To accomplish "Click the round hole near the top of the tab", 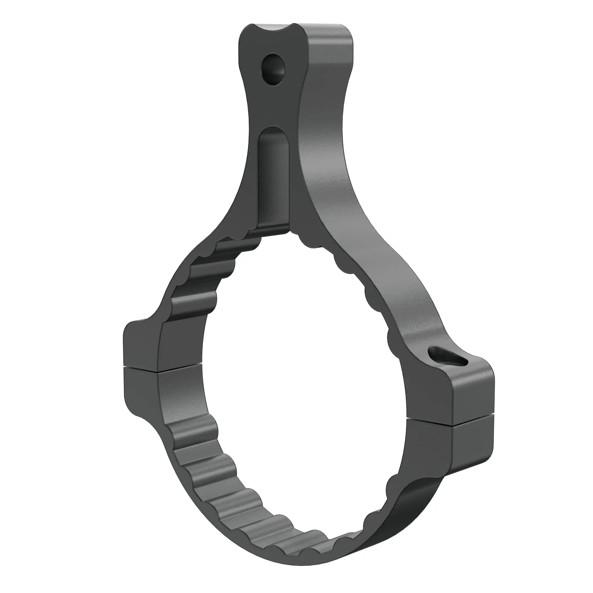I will (x=273, y=69).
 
